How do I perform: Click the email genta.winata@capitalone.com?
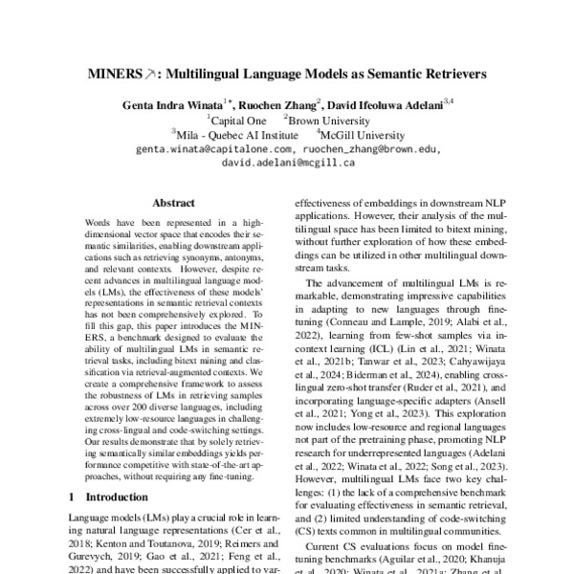[214, 149]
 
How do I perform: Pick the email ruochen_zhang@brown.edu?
[370, 149]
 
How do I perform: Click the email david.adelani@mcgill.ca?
[288, 163]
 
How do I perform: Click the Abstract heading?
[172, 203]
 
